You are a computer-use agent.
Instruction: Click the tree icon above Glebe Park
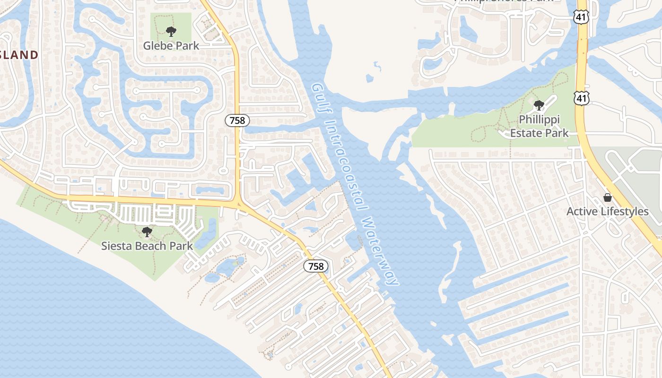[171, 32]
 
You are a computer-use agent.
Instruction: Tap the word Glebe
[157, 46]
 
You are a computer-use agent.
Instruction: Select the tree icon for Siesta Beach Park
[147, 232]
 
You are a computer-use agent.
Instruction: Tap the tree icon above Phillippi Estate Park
[539, 105]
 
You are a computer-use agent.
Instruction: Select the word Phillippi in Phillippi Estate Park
[540, 120]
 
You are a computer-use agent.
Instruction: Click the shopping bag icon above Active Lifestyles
[608, 198]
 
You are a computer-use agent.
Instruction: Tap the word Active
[583, 211]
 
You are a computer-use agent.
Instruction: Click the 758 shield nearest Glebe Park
[237, 120]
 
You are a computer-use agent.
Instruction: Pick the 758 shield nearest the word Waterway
[316, 266]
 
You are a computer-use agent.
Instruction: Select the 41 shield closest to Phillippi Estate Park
[582, 98]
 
